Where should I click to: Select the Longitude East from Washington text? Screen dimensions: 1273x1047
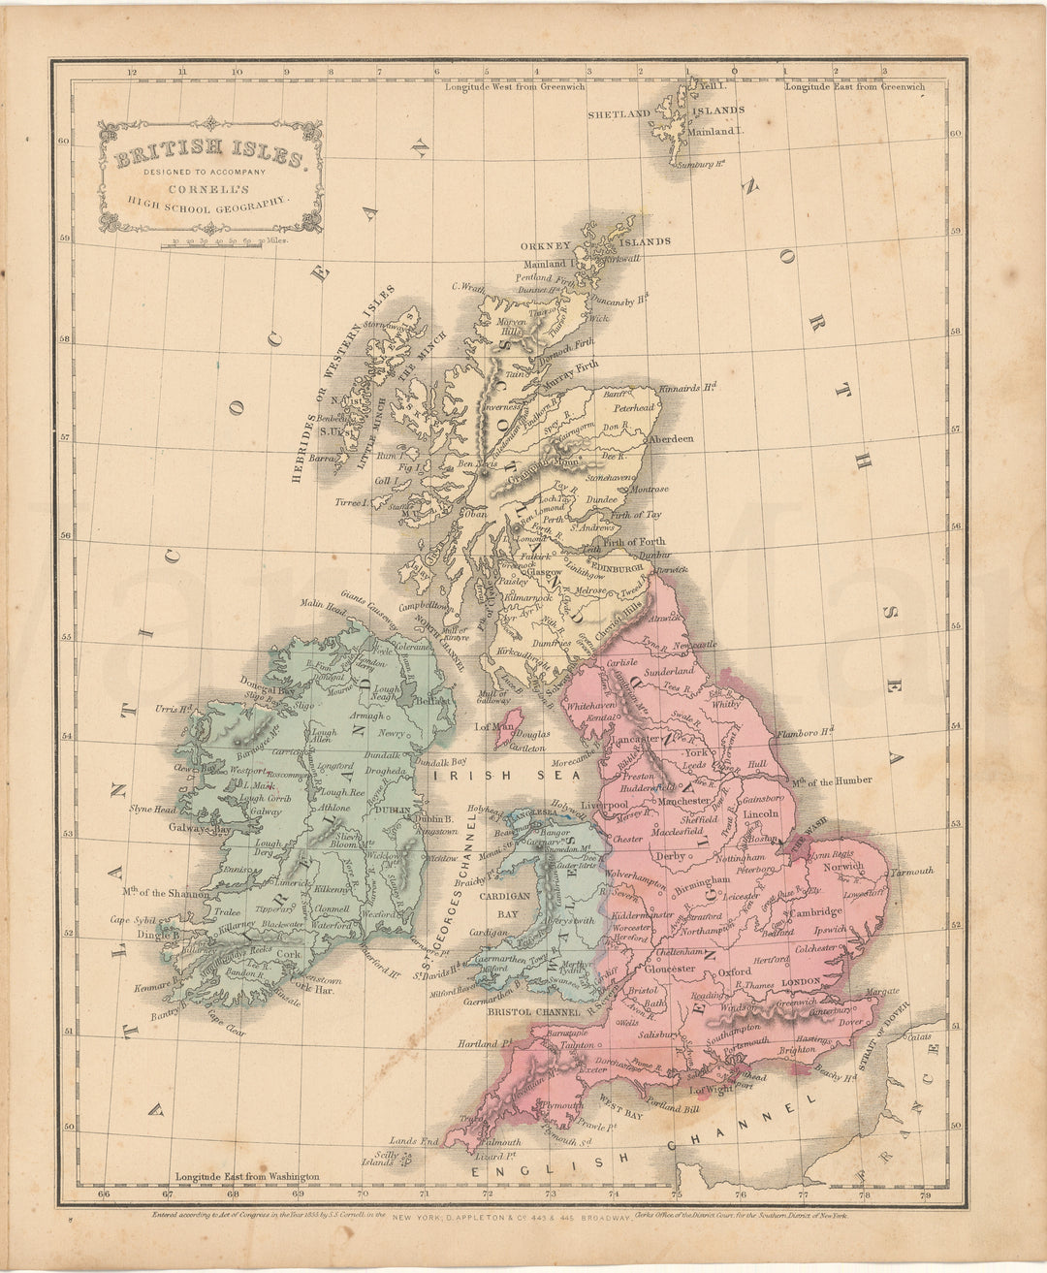(x=241, y=1175)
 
